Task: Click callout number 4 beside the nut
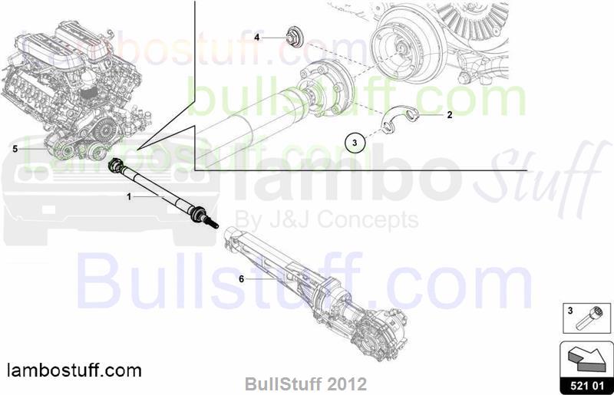(257, 38)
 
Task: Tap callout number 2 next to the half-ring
(450, 115)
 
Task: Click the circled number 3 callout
(355, 143)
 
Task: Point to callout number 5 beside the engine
(15, 149)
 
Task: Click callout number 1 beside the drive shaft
(129, 197)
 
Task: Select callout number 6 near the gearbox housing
(242, 279)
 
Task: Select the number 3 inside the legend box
(570, 311)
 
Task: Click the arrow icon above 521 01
(586, 359)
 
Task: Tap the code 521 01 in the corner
(587, 386)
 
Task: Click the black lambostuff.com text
(74, 370)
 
